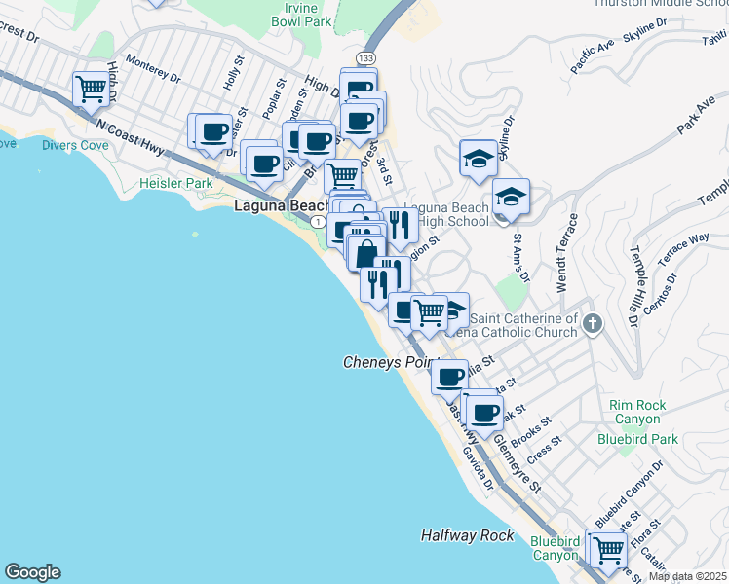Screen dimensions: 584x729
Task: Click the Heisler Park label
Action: tap(175, 183)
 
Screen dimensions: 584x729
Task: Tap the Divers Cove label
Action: tap(75, 145)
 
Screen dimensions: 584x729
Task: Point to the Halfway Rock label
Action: tap(467, 535)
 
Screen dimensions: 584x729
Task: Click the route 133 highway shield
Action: tap(363, 58)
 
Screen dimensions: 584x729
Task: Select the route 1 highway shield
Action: tap(318, 223)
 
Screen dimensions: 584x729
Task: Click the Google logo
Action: tap(32, 572)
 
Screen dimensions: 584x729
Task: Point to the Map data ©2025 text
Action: tap(686, 576)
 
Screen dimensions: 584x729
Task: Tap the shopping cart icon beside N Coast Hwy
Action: tap(91, 90)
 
